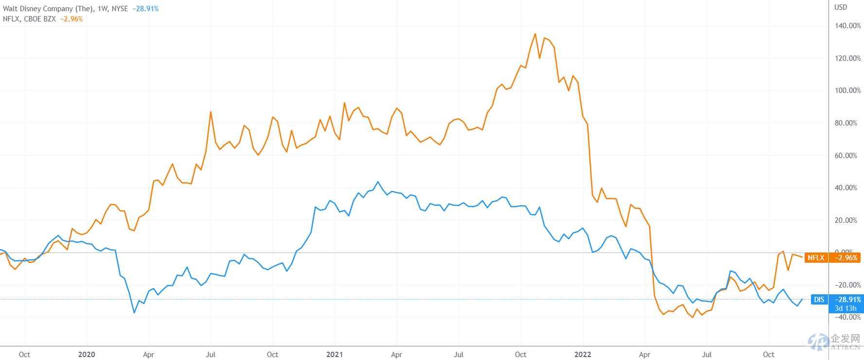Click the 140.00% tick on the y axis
[848, 26]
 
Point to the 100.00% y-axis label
[848, 90]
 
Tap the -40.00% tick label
[847, 317]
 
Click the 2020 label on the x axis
[87, 354]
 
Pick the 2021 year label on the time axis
[335, 354]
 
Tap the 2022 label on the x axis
[583, 354]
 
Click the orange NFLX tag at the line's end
[816, 258]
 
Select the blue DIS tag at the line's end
[819, 300]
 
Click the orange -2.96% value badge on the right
[846, 258]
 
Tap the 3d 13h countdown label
[846, 308]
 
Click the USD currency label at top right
[841, 7]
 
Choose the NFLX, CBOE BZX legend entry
[29, 19]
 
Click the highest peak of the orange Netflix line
[535, 34]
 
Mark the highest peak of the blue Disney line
[378, 182]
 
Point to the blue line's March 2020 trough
[134, 312]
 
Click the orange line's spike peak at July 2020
[211, 112]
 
